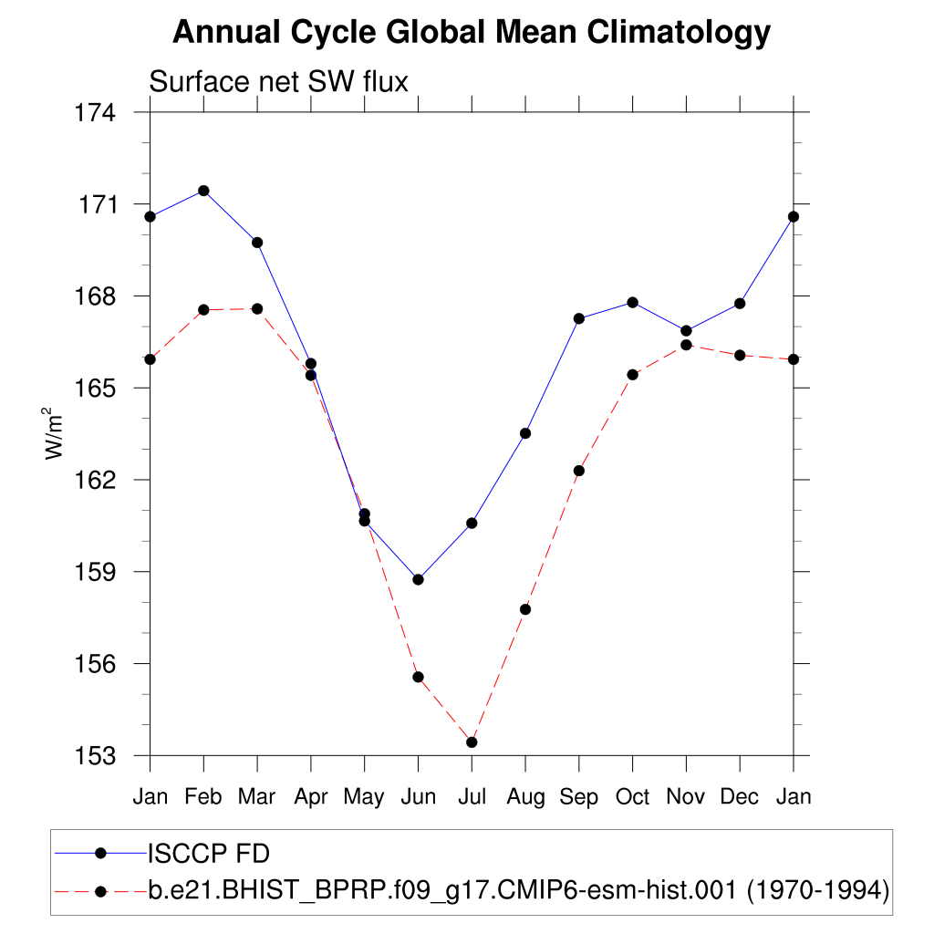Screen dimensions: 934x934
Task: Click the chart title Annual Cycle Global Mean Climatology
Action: pyautogui.click(x=472, y=33)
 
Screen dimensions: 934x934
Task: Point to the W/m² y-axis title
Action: pyautogui.click(x=57, y=435)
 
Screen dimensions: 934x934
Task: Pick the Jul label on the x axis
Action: pyautogui.click(x=472, y=797)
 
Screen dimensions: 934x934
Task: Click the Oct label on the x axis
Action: pyautogui.click(x=632, y=797)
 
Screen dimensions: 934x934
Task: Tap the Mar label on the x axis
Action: pyautogui.click(x=256, y=797)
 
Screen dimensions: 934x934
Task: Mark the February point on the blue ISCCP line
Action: pyautogui.click(x=203, y=191)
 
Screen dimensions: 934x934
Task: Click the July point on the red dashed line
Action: pyautogui.click(x=472, y=742)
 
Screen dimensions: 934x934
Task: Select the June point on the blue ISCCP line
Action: pyautogui.click(x=418, y=579)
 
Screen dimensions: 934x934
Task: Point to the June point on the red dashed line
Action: pyautogui.click(x=418, y=677)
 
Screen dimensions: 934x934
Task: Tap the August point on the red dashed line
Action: pyautogui.click(x=525, y=609)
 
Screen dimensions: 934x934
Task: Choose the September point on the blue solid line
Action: pyautogui.click(x=579, y=318)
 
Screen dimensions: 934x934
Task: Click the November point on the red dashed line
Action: pyautogui.click(x=686, y=345)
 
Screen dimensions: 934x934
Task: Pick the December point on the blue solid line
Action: pyautogui.click(x=740, y=303)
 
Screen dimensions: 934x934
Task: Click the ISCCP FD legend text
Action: pyautogui.click(x=209, y=853)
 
